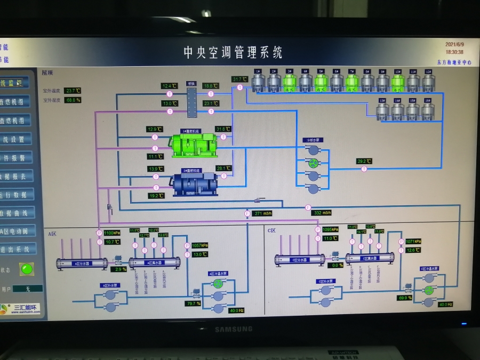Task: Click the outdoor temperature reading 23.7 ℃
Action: [x=72, y=91]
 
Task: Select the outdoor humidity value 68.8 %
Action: [x=72, y=100]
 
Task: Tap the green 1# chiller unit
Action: [x=194, y=145]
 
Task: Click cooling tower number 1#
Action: [x=258, y=82]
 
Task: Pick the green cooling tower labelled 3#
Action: [x=290, y=82]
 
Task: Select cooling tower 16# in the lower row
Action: [x=428, y=111]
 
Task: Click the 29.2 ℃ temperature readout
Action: [x=364, y=161]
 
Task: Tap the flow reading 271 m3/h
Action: [x=263, y=213]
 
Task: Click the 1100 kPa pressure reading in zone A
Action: [x=112, y=233]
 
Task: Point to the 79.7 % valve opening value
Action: [x=192, y=303]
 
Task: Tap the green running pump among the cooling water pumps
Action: [x=314, y=163]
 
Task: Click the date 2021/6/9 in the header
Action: [x=454, y=45]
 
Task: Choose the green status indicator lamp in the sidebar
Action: [x=26, y=269]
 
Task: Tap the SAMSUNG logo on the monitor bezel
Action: [x=233, y=329]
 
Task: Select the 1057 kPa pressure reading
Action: [x=200, y=245]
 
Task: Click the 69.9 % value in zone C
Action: [x=405, y=298]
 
